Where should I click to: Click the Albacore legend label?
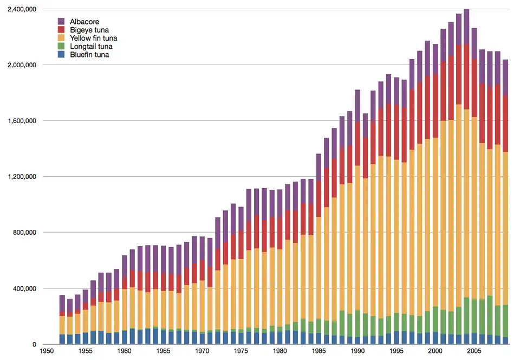(84, 22)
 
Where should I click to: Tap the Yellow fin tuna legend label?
(93, 38)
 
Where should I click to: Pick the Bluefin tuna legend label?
(89, 54)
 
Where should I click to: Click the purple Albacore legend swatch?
(62, 22)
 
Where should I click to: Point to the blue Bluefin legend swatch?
(62, 54)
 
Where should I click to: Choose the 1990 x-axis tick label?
(357, 351)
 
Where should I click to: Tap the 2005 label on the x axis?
(474, 351)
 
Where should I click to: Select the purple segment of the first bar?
(62, 305)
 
